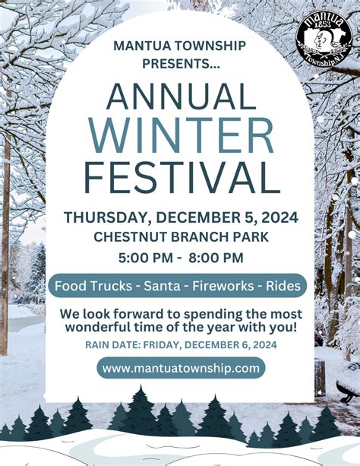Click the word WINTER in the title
click(181, 136)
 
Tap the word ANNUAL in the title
click(181, 96)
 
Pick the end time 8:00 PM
click(216, 257)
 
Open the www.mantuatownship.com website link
click(181, 368)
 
